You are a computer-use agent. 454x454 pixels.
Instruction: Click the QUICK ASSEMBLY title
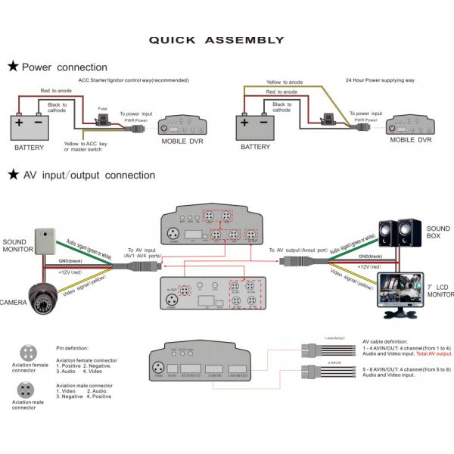click(x=216, y=40)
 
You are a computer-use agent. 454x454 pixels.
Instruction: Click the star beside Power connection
click(x=13, y=67)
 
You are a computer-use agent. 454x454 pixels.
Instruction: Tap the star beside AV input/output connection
click(x=13, y=175)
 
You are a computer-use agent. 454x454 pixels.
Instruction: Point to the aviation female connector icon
click(x=28, y=353)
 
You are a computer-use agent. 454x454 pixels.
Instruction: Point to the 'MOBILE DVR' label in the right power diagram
click(x=411, y=140)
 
